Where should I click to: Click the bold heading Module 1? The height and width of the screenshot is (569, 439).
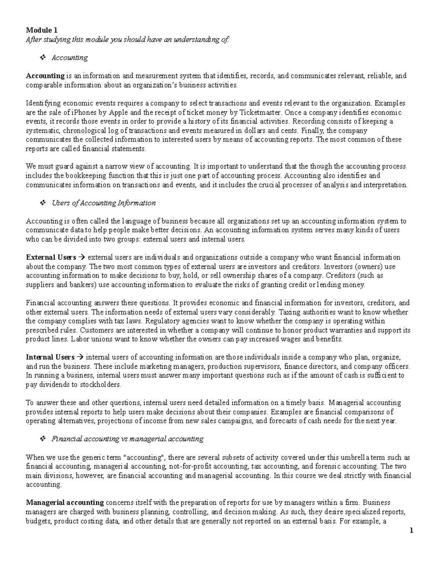tap(41, 30)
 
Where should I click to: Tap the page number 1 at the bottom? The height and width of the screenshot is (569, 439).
tap(411, 530)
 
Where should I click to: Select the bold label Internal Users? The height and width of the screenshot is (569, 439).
tap(50, 357)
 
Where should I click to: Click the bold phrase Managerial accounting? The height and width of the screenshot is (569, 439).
tap(65, 502)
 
